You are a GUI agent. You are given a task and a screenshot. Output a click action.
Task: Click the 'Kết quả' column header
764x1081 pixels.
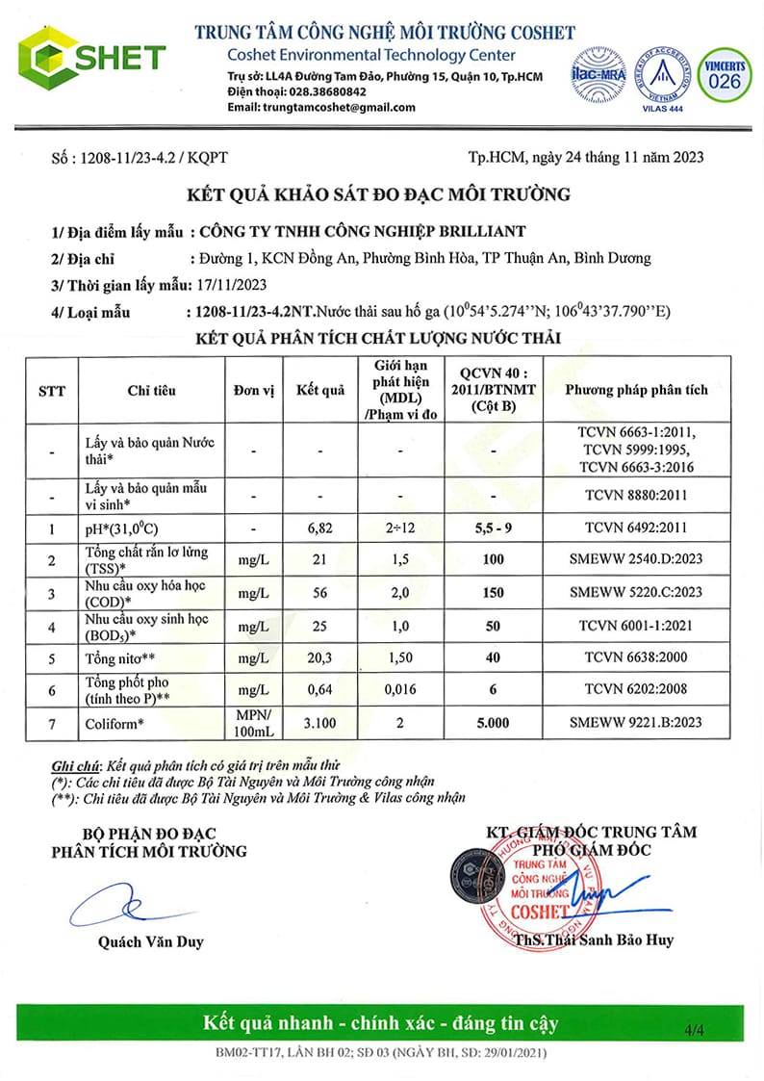[319, 390]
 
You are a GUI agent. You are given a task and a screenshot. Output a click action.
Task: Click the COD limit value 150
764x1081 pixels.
[493, 592]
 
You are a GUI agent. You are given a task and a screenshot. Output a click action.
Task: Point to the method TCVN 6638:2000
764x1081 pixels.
[635, 657]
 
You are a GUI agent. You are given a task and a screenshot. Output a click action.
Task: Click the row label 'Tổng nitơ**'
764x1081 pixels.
[119, 659]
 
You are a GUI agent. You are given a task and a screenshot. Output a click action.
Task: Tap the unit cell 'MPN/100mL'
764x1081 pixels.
[254, 722]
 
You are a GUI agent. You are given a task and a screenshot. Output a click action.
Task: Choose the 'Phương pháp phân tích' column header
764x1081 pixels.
[635, 390]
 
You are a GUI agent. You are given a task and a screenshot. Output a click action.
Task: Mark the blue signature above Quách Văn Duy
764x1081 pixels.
[108, 905]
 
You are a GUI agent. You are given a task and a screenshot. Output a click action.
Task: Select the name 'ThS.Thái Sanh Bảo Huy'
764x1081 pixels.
[593, 940]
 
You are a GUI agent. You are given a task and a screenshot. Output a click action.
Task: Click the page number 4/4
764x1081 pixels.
[694, 1030]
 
